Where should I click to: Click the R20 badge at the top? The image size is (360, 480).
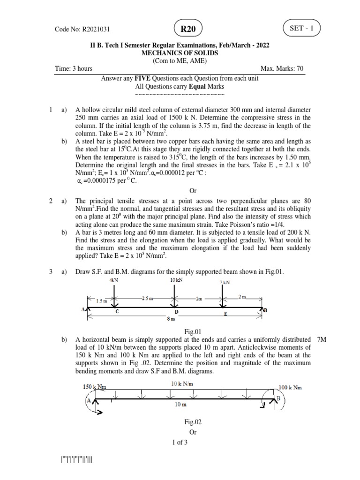click(x=189, y=30)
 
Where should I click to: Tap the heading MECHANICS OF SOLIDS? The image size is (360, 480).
click(x=180, y=53)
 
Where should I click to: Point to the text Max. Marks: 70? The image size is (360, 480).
click(x=282, y=68)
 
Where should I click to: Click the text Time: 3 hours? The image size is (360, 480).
click(x=74, y=68)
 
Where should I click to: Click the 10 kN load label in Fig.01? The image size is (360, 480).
click(x=176, y=280)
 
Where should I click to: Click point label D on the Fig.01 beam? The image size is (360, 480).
click(x=177, y=311)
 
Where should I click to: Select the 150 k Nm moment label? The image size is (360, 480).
click(x=94, y=387)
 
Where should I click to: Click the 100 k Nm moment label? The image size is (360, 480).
click(x=291, y=388)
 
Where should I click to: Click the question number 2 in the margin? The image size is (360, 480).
click(x=51, y=201)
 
